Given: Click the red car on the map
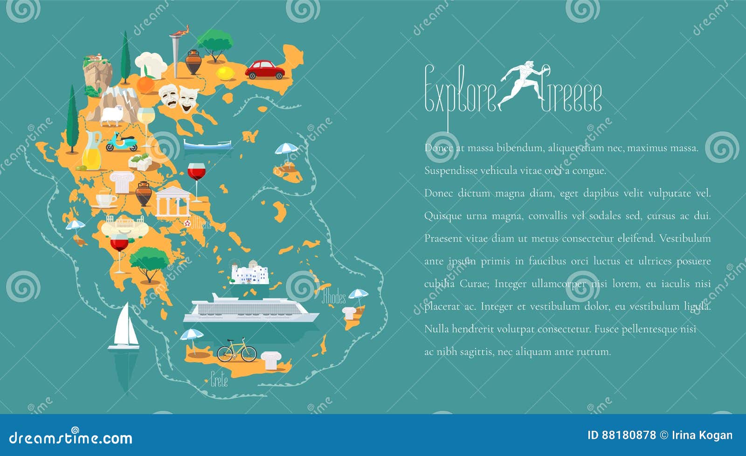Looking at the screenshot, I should (264, 70).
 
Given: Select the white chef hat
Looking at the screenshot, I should (151, 64).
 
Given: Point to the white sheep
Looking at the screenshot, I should (112, 116).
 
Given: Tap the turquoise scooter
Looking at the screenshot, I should (121, 142).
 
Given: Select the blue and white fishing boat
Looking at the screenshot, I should (207, 144).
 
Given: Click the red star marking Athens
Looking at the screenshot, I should (187, 223).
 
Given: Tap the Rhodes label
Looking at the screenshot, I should (334, 297).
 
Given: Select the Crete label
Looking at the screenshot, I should (219, 380).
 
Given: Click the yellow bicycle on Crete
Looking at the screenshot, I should (237, 350).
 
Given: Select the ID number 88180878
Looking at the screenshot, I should (629, 436).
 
